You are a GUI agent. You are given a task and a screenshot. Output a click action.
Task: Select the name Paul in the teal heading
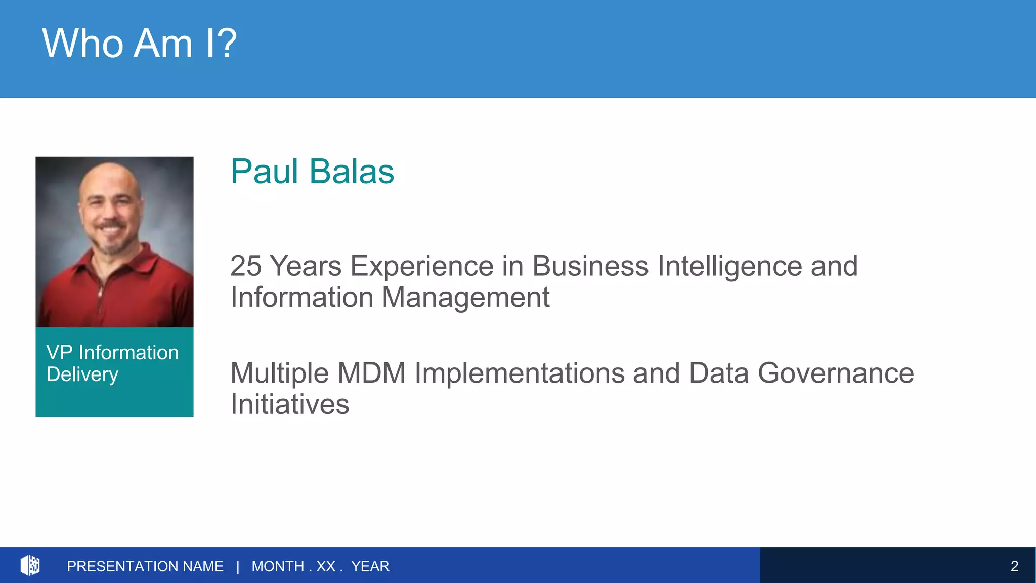[265, 172]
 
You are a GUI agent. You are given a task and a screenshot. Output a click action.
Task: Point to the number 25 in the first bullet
[245, 266]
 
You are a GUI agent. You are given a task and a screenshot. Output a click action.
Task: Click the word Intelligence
[729, 266]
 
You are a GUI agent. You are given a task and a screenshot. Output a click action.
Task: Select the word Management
[465, 298]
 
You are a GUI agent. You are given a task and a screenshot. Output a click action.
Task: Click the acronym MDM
[371, 373]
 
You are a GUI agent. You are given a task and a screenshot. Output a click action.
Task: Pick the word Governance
[836, 373]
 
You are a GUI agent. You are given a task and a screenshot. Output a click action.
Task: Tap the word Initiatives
[290, 405]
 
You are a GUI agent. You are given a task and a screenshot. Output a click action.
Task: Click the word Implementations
[520, 373]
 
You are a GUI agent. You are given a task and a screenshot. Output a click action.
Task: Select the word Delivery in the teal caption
[82, 375]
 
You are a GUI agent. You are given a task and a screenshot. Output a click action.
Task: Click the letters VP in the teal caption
[59, 353]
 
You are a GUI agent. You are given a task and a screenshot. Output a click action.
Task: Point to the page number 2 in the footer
[1014, 566]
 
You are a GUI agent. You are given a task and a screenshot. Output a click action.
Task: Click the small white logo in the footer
[30, 565]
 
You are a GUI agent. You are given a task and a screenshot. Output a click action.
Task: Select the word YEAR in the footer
[370, 566]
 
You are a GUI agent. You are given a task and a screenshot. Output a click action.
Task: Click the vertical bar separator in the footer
[238, 566]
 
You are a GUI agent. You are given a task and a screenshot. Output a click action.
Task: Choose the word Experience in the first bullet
[421, 266]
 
